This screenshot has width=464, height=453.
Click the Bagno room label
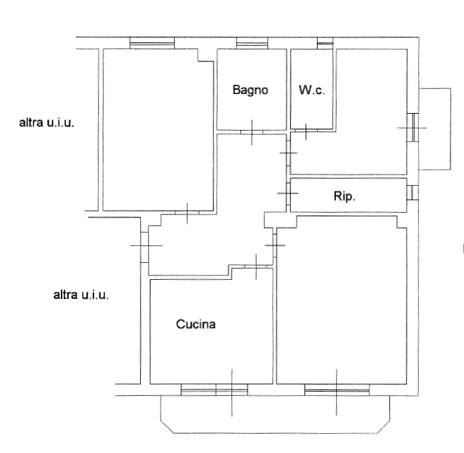click(250, 90)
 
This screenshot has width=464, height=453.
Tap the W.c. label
click(312, 90)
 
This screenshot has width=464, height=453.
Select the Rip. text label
click(344, 196)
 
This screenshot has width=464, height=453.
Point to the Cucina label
click(196, 324)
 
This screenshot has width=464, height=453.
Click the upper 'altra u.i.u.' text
click(47, 122)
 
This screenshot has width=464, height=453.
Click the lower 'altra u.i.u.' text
click(81, 295)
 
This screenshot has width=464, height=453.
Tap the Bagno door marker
click(252, 132)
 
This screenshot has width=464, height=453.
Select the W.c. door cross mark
click(306, 131)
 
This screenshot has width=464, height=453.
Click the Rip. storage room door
click(288, 193)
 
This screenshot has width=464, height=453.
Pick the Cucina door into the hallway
click(256, 266)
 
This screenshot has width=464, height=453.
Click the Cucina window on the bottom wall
click(214, 389)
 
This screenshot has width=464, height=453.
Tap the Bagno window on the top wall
click(252, 43)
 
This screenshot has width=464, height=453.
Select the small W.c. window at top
click(325, 43)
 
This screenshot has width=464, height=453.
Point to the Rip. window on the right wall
click(412, 192)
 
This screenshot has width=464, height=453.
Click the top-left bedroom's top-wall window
click(152, 43)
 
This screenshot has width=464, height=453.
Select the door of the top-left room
click(187, 213)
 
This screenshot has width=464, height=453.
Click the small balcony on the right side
click(435, 129)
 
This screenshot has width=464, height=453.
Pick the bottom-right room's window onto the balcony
click(337, 389)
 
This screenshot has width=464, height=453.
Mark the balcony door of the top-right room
click(413, 127)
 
